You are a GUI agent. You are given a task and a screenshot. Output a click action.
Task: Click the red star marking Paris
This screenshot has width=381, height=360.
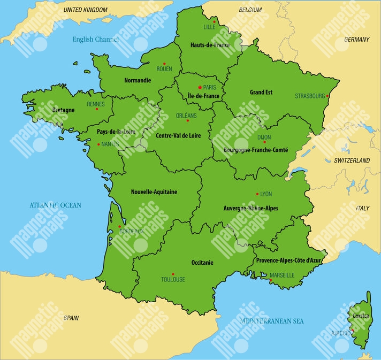(200, 87)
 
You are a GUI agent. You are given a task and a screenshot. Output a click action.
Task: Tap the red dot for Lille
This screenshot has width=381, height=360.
(214, 22)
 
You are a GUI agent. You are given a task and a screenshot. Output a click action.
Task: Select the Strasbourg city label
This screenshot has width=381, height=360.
(310, 96)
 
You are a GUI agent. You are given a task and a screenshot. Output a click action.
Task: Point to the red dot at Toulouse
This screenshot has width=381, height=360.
(173, 273)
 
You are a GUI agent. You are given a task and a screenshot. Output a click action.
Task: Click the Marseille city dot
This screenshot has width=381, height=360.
(271, 280)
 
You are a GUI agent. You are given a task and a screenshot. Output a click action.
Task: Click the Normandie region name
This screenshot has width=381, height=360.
(138, 80)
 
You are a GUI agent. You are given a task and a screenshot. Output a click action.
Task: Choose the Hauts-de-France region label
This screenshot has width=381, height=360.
(210, 45)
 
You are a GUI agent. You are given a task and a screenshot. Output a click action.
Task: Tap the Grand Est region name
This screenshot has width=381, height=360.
(261, 92)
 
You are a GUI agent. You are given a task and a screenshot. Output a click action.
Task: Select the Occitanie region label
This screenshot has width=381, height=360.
(202, 263)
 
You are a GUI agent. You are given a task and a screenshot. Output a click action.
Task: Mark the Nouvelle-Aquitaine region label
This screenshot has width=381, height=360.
(154, 192)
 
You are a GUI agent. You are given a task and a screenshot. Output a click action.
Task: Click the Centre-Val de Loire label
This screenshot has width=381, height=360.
(178, 136)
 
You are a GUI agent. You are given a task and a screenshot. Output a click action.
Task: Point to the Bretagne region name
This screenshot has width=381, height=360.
(63, 110)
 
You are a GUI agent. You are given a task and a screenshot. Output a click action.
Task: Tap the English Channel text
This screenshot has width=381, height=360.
(96, 39)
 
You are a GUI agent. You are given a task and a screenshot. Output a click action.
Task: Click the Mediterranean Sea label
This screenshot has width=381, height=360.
(272, 321)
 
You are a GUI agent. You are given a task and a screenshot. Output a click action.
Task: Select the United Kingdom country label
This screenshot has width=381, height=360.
(86, 10)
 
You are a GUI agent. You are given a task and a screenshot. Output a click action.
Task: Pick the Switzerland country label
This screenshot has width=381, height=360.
(352, 160)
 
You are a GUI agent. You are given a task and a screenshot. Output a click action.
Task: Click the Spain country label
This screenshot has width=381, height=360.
(71, 318)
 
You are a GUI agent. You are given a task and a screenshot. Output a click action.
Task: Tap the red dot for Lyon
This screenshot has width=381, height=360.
(257, 194)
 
